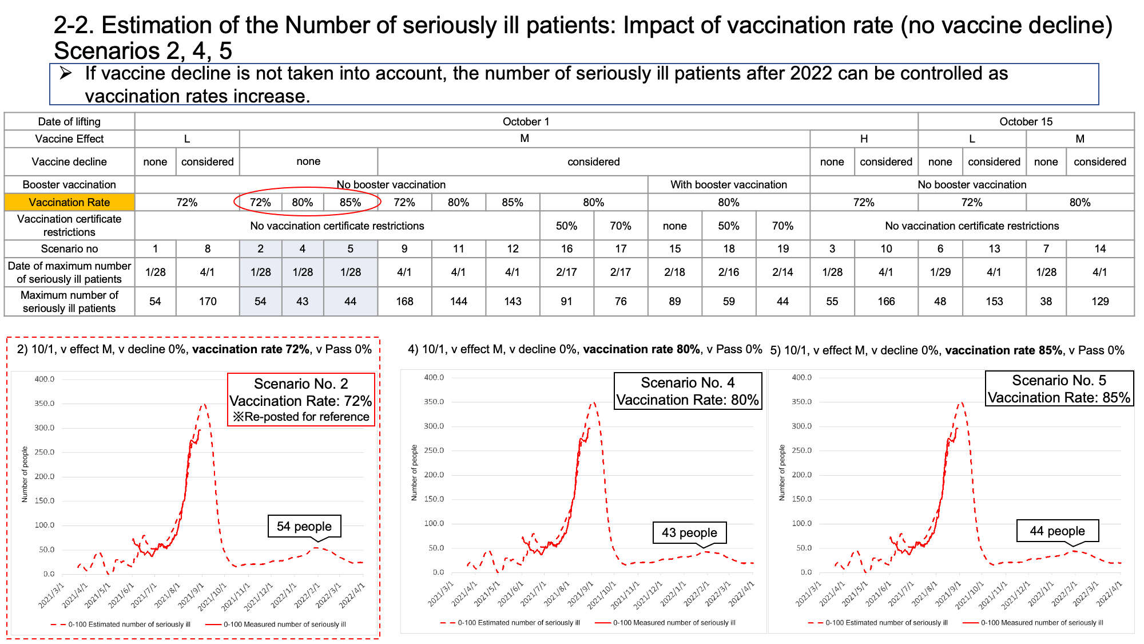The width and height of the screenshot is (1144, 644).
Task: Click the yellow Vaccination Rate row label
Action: click(69, 202)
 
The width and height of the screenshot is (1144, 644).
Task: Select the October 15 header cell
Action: click(1026, 121)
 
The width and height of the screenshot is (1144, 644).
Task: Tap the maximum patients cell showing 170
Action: click(208, 301)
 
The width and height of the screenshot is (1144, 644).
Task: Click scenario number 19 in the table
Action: click(782, 248)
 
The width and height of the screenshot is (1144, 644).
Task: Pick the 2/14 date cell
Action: click(782, 272)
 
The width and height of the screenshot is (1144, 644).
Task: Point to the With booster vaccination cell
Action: click(729, 184)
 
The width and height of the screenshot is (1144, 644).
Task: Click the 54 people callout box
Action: click(304, 526)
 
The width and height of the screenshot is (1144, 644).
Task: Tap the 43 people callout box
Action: click(689, 532)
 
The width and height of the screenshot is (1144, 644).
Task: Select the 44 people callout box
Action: click(1057, 531)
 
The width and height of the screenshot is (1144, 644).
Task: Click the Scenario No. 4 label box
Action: click(688, 391)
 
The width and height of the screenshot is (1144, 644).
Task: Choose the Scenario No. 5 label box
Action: click(1059, 389)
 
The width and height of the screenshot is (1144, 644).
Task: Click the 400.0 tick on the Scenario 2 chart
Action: click(45, 379)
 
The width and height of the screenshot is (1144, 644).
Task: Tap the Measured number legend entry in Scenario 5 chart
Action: click(1033, 623)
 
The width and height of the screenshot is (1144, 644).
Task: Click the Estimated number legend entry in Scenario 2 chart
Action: click(121, 625)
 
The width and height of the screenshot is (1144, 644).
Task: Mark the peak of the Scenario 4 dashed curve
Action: click(593, 402)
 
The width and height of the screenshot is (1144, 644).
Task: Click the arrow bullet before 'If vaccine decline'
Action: click(66, 73)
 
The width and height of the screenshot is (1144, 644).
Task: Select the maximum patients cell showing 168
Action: click(404, 301)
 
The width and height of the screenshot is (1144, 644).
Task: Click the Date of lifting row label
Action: click(69, 121)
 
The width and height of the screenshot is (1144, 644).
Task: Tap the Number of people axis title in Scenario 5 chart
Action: click(782, 473)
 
